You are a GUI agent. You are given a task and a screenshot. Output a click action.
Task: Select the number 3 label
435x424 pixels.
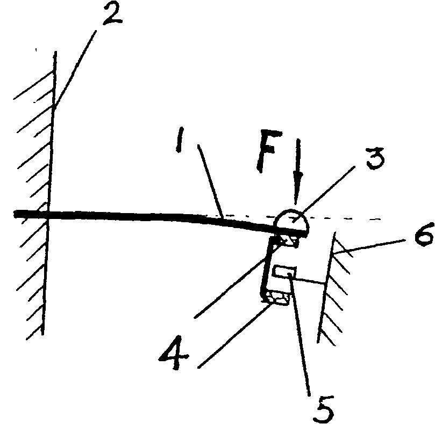(x=375, y=159)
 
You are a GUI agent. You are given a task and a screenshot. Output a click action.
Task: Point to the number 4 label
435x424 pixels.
(x=173, y=353)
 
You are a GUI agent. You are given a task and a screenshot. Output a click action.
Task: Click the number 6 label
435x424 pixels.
(x=423, y=234)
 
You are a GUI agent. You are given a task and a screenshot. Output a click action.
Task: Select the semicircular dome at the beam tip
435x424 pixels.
(x=291, y=220)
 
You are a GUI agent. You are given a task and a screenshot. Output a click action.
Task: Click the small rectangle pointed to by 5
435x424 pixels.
(x=284, y=272)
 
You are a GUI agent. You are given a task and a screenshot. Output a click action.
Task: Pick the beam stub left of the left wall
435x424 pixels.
(x=31, y=214)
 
